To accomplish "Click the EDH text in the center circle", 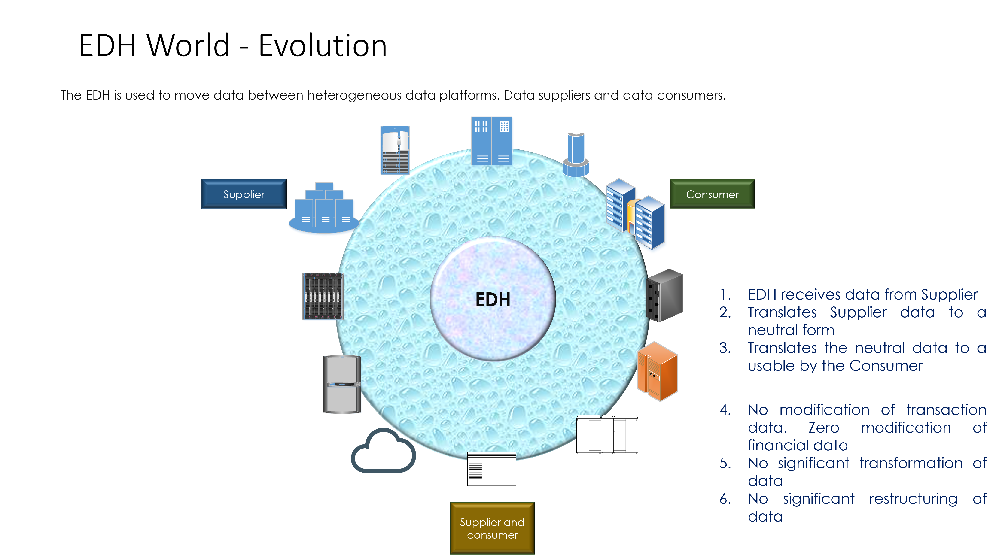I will coord(493,300).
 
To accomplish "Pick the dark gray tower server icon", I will coord(664,296).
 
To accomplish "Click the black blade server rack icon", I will coord(323,296).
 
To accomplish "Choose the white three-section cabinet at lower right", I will coord(607,434).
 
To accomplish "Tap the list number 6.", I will coord(725,499).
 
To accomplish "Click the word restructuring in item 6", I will coord(913,499).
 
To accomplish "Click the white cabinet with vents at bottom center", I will coord(491,468).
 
